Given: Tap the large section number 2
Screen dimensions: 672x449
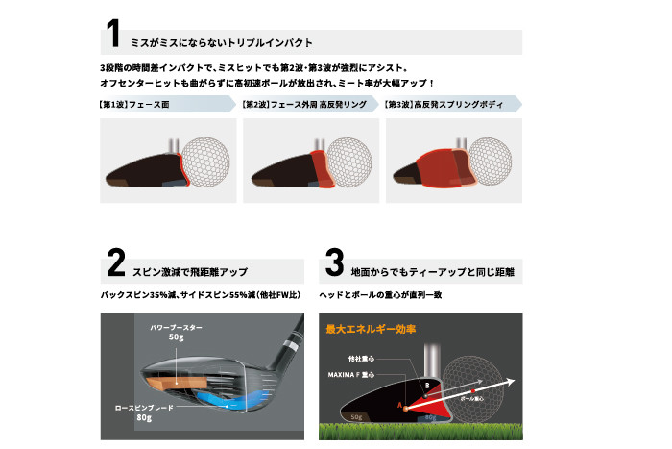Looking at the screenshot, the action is click(116, 262).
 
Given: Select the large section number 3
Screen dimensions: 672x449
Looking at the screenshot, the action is click(334, 262).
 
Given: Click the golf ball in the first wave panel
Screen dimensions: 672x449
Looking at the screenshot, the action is click(205, 162).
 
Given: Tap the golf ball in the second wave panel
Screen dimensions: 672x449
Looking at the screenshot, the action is click(348, 162).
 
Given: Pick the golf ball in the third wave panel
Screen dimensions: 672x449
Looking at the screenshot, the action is click(490, 162).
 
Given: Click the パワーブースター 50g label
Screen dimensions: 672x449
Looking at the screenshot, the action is click(176, 333).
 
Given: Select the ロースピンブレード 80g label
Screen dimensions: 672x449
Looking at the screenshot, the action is click(144, 412).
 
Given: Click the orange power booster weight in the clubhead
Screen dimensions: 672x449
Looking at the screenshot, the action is click(176, 382).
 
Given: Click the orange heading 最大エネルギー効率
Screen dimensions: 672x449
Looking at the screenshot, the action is click(371, 329).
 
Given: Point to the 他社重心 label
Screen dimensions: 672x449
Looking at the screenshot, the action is click(361, 359).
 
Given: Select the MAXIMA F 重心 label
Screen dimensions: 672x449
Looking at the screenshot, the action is click(351, 375).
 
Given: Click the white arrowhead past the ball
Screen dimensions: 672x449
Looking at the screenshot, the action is click(509, 381).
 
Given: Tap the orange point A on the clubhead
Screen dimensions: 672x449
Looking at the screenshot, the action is click(405, 409).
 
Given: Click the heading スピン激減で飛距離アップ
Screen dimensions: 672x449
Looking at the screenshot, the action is click(190, 272).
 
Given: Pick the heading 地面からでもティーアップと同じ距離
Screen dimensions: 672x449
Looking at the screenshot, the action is click(432, 272).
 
